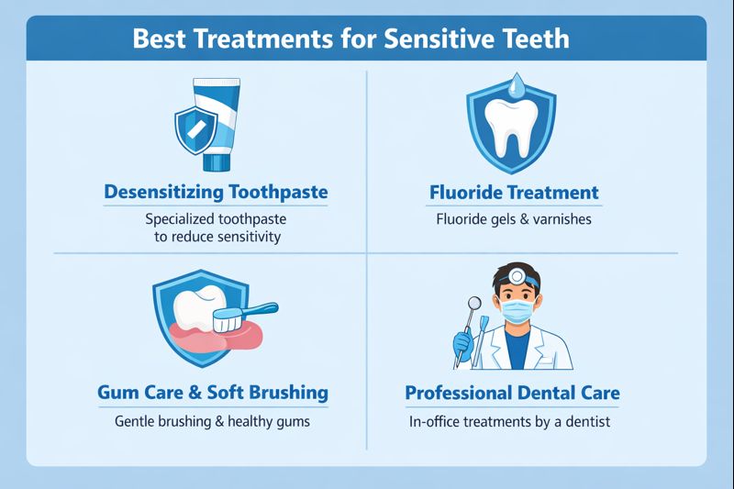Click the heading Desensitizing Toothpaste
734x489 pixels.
(x=216, y=193)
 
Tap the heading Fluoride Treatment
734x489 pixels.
(x=514, y=193)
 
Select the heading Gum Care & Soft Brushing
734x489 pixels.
(x=212, y=393)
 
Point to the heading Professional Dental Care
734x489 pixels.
(x=512, y=394)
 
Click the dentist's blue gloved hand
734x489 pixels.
(x=463, y=345)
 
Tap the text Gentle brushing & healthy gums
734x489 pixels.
(x=212, y=422)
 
